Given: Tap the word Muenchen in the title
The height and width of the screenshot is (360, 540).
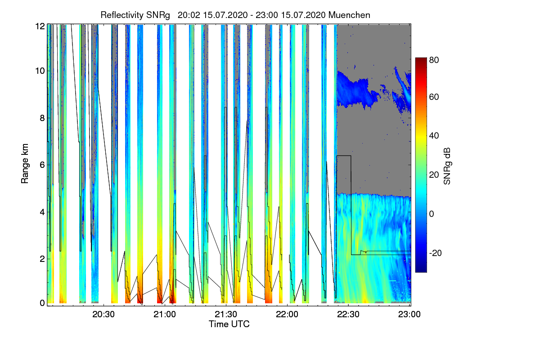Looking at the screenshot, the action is [x=349, y=15].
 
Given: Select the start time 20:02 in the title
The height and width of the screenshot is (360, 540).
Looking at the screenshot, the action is [x=189, y=15].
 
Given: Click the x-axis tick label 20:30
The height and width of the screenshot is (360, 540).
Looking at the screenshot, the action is [x=103, y=315].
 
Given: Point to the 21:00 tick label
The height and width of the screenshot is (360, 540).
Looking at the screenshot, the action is [x=165, y=315].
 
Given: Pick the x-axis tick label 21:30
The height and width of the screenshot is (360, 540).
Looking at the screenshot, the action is [x=226, y=315].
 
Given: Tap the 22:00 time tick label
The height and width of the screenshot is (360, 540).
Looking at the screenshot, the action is [x=287, y=315].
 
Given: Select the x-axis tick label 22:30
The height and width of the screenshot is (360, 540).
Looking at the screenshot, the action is [x=348, y=315].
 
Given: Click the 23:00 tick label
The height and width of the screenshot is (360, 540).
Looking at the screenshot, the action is [x=409, y=315].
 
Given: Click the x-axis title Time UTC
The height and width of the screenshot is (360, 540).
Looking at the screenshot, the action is [x=229, y=324].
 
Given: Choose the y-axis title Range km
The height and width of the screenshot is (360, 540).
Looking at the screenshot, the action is [x=25, y=164].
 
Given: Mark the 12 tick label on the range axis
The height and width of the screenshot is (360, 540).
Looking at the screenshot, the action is [x=40, y=26].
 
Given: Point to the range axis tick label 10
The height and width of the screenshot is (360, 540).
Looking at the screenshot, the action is [x=40, y=71].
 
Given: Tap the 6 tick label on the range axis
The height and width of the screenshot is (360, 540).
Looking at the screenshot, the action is [x=42, y=165].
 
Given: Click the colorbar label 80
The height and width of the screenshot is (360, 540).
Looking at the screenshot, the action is [x=434, y=60].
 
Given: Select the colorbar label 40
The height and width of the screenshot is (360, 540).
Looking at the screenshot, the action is [x=434, y=136].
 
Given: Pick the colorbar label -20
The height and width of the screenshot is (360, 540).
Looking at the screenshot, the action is [x=436, y=253].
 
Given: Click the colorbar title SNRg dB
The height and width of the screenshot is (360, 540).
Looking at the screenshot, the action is [x=447, y=166].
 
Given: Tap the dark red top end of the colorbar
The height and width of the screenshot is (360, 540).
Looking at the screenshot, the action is [x=421, y=59].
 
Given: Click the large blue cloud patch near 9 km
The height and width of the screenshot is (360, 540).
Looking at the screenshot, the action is [x=355, y=90].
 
